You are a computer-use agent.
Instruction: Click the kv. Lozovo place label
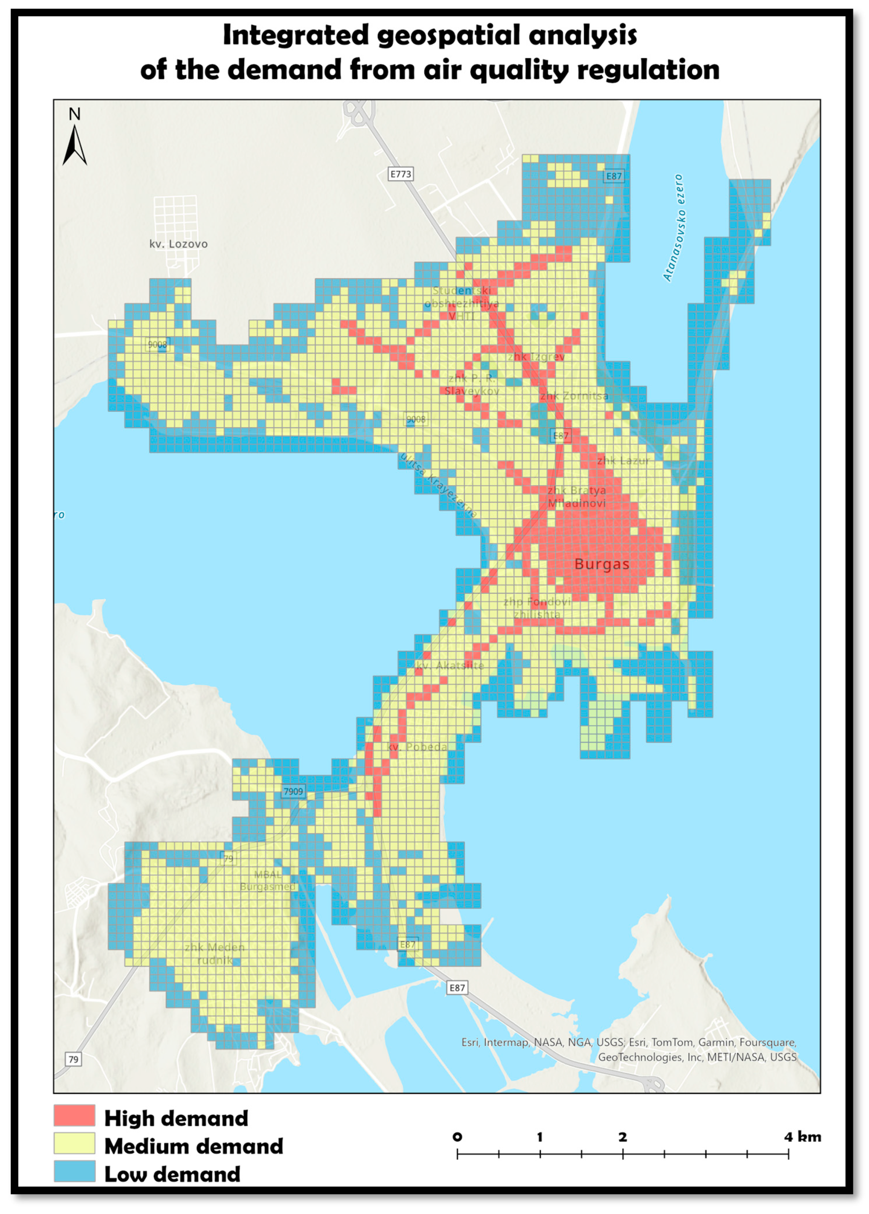pos(178,244)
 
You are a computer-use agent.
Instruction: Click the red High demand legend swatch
pos(74,1116)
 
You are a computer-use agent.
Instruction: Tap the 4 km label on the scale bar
pos(803,1137)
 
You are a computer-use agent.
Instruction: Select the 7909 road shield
pos(293,791)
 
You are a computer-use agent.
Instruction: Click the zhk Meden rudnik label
pos(214,954)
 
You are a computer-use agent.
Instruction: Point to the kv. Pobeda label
pos(417,747)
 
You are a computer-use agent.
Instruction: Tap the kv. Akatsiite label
pos(450,665)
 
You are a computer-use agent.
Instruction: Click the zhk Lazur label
pos(623,460)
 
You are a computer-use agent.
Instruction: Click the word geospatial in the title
pos(449,35)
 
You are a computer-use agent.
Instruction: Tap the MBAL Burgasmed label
pos(268,880)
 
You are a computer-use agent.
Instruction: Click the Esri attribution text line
pos(629,1042)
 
